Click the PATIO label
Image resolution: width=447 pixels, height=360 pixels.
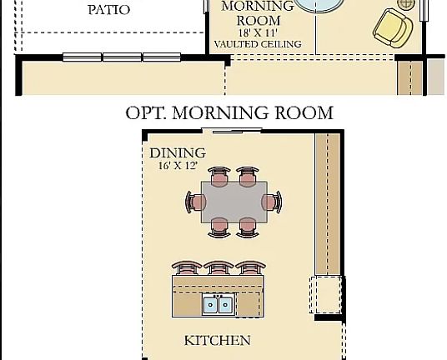(109, 10)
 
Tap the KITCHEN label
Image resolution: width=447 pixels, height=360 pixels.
(218, 341)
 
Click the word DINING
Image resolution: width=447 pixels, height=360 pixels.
(178, 153)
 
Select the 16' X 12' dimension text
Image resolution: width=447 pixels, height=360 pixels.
(178, 166)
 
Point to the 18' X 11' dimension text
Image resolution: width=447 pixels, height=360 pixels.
(258, 32)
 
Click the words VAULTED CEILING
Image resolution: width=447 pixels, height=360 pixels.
(258, 44)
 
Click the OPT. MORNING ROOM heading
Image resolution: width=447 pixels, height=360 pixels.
(229, 112)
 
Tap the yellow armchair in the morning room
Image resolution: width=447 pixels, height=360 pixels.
(393, 27)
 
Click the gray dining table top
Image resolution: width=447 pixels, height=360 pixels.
(234, 202)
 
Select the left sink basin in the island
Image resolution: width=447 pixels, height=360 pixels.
(211, 304)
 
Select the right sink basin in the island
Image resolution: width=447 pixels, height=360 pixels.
(226, 304)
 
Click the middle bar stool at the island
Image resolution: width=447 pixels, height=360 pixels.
(218, 268)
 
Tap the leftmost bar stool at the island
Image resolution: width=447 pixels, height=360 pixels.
(187, 268)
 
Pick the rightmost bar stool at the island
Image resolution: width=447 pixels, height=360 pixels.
(251, 268)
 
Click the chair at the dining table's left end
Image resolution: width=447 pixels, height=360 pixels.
(195, 202)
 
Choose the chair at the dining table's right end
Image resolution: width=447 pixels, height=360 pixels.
(271, 202)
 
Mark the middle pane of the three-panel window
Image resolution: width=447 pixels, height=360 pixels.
(122, 57)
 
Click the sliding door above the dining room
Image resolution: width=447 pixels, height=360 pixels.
(232, 131)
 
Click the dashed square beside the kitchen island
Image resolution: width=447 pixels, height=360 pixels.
(325, 295)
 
